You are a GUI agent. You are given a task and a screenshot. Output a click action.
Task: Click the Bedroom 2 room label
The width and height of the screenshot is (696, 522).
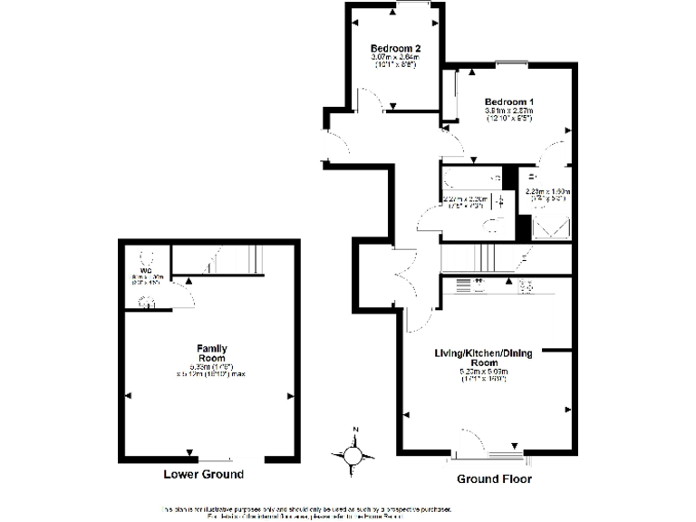[x=395, y=49]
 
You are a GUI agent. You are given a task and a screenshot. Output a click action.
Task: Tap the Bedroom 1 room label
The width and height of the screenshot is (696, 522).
[x=508, y=101]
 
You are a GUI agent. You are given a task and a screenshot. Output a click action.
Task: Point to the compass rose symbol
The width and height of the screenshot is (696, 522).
[x=355, y=452]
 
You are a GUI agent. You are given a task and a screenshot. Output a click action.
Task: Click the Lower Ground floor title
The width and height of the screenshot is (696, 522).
[x=203, y=475]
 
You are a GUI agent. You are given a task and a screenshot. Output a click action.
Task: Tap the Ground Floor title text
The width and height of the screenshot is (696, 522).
[x=494, y=478]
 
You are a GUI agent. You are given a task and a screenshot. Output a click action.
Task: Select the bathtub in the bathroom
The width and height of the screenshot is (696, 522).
[x=469, y=179]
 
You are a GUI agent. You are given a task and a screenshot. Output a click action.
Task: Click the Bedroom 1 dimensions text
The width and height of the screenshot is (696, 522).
[x=508, y=114]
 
